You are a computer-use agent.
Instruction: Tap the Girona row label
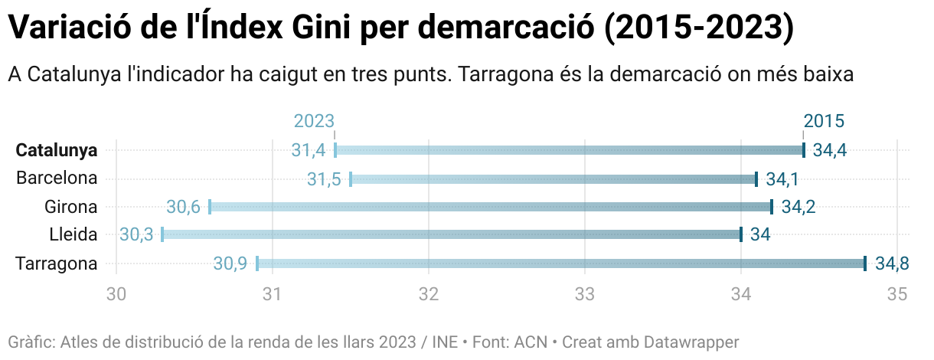pos(70,207)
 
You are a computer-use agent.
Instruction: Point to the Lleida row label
pos(73,235)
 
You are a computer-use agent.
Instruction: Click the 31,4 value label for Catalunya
pos(309,150)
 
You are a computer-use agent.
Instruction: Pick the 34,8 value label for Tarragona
pos(892,263)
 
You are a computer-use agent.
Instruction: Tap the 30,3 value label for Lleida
pos(136,235)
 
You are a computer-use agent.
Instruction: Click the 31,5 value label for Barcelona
pos(324,178)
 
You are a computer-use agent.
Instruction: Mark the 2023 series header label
pos(314,121)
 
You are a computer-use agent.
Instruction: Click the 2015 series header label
pos(824,121)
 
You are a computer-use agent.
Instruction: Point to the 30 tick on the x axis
pos(116,294)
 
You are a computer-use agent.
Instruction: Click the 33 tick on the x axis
pos(585,294)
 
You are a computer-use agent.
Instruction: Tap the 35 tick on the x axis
pos(897,294)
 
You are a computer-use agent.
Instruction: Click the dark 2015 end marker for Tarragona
pos(865,263)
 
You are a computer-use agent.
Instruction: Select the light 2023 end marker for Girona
pos(210,207)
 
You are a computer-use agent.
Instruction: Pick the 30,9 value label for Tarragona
pos(230,263)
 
